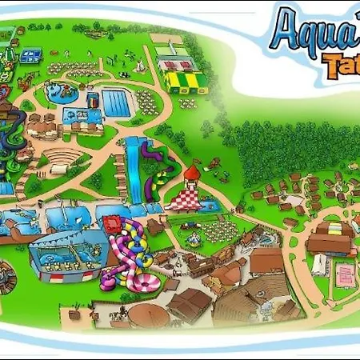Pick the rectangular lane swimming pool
coord(117,103)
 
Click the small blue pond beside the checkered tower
coord(210,206)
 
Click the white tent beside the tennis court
coord(320,265)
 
